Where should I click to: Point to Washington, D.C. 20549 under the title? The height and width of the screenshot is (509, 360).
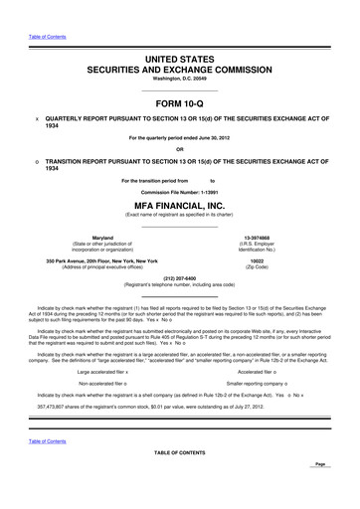tap(180, 78)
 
